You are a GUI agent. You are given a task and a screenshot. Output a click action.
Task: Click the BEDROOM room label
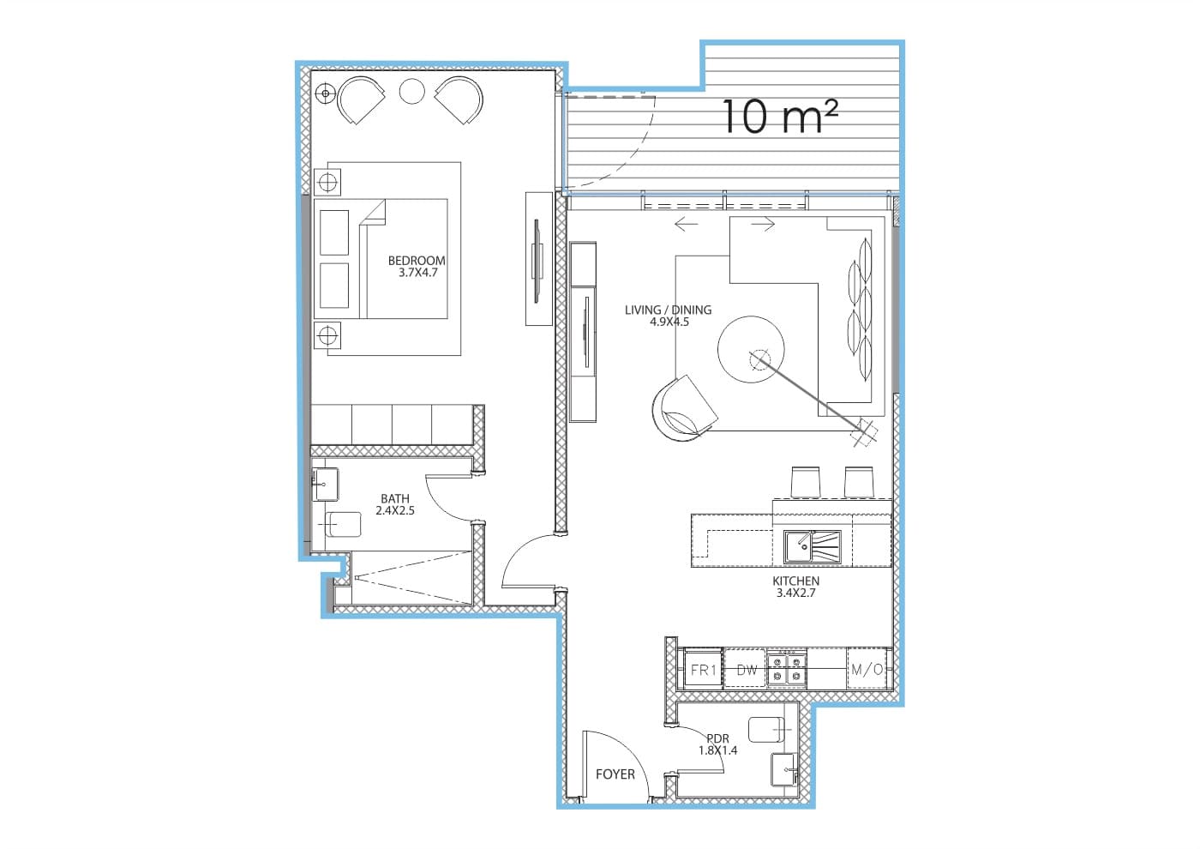pyautogui.click(x=417, y=261)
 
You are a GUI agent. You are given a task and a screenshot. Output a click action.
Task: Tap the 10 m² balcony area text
pyautogui.click(x=780, y=117)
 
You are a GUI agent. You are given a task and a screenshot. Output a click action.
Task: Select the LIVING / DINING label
pyautogui.click(x=668, y=310)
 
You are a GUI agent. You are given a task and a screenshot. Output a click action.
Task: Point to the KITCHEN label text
pyautogui.click(x=795, y=581)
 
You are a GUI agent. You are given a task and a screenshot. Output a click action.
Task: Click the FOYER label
pyautogui.click(x=615, y=774)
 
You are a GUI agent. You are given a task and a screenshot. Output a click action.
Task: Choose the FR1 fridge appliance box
pyautogui.click(x=704, y=670)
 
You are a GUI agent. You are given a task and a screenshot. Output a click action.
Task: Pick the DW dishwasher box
pyautogui.click(x=746, y=669)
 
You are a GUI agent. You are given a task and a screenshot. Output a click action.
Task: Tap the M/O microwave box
pyautogui.click(x=867, y=669)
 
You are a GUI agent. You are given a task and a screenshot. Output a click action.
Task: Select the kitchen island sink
pyautogui.click(x=813, y=547)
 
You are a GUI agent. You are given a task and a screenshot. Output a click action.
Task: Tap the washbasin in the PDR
pyautogui.click(x=784, y=769)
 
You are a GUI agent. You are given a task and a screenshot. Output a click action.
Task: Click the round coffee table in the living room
pyautogui.click(x=751, y=349)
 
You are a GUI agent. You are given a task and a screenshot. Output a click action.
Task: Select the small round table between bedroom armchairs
pyautogui.click(x=412, y=91)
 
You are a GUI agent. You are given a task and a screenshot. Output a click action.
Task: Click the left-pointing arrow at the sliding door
pyautogui.click(x=687, y=224)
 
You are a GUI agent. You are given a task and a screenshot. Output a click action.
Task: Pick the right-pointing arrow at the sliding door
pyautogui.click(x=763, y=224)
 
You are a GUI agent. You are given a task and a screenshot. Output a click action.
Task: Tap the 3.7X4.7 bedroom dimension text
pyautogui.click(x=418, y=273)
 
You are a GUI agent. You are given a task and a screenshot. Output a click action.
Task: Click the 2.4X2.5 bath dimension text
pyautogui.click(x=395, y=510)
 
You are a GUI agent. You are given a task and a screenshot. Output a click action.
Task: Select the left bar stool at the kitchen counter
pyautogui.click(x=805, y=481)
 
